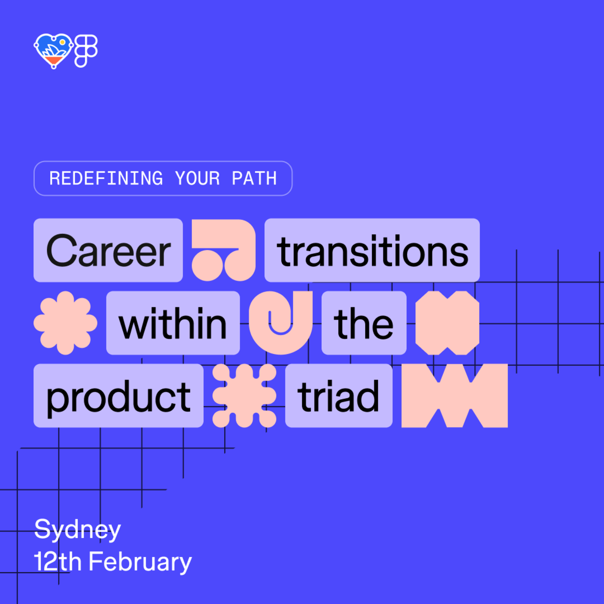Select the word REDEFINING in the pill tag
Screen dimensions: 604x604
106,178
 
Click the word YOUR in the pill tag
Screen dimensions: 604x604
197,178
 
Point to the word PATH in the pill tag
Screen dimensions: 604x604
254,178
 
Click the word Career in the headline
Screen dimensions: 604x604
108,251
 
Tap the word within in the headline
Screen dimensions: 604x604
173,323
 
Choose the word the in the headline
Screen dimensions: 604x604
364,323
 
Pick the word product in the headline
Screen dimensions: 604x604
118,397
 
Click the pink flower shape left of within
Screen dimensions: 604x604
65,323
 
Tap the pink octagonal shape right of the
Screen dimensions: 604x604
447,323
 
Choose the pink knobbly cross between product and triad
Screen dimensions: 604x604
244,395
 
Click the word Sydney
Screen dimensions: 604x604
77,530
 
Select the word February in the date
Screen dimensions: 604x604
140,562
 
